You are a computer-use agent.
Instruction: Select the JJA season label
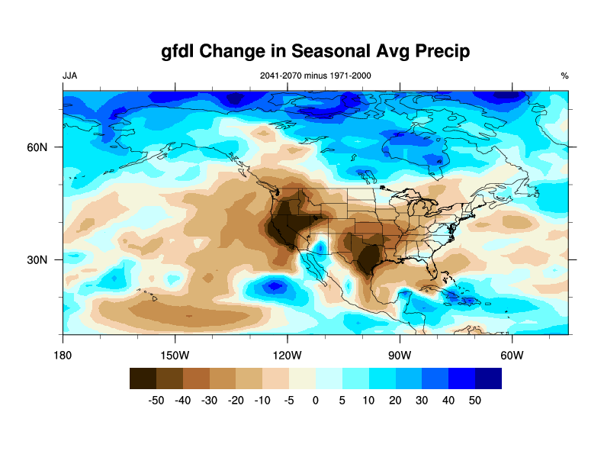pos(69,76)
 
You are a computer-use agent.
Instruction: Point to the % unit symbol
pos(564,76)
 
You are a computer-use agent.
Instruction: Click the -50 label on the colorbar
pos(156,400)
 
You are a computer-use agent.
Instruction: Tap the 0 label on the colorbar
pos(316,400)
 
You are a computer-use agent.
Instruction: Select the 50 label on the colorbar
pos(475,400)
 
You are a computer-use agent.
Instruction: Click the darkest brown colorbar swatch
pos(143,378)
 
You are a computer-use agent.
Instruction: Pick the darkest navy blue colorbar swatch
pos(488,378)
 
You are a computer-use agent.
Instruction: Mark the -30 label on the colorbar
pos(210,400)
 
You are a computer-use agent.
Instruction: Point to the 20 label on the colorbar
pos(395,400)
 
